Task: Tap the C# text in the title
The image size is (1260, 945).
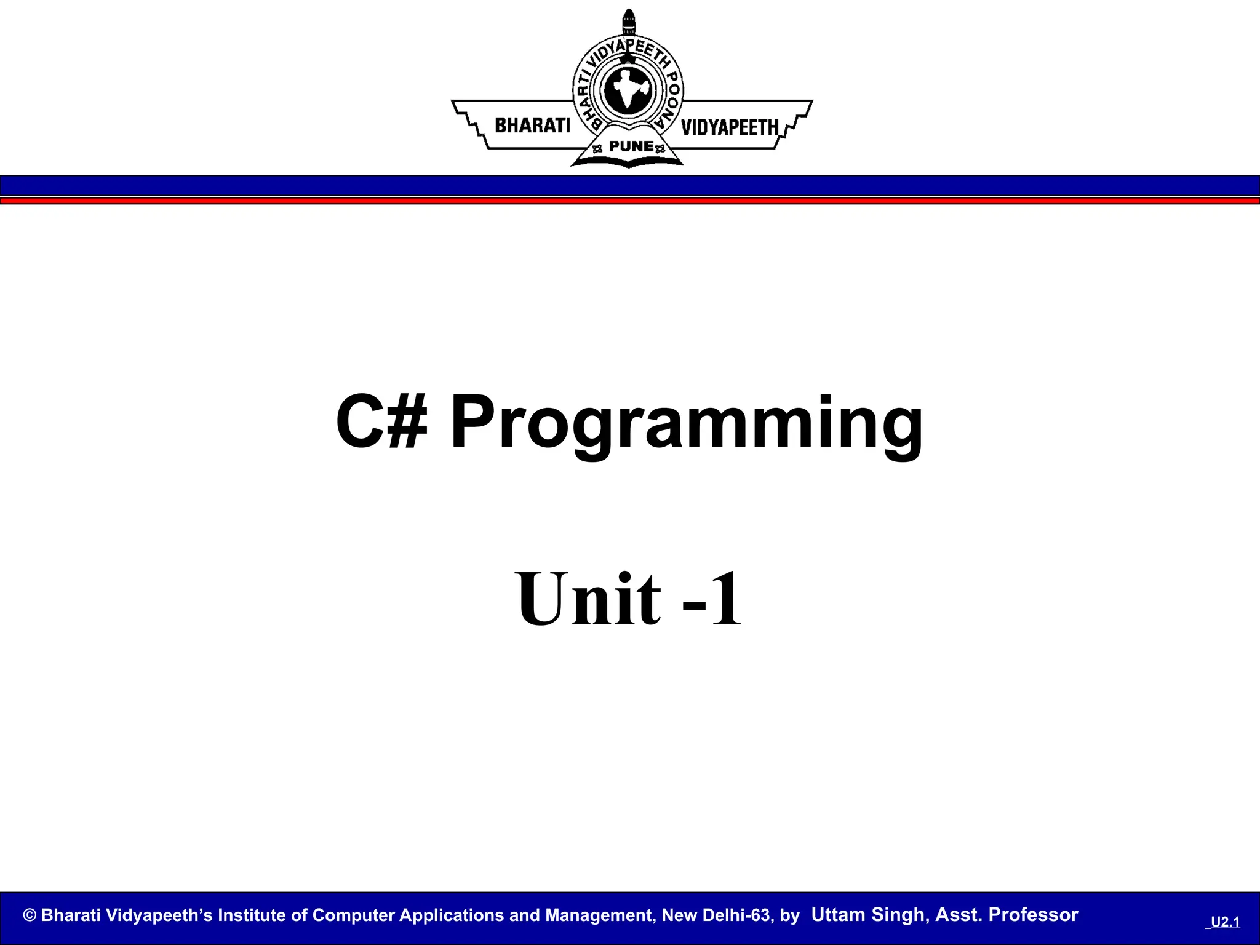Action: (381, 423)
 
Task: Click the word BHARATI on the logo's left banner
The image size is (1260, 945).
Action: (533, 126)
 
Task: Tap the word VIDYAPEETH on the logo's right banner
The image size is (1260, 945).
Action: (730, 127)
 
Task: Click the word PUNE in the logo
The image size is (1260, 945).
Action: (631, 146)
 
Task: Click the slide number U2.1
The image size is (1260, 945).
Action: (1225, 922)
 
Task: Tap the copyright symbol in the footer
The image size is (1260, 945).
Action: (30, 915)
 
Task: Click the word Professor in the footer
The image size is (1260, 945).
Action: (1033, 915)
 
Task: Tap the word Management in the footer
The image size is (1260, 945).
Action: (598, 915)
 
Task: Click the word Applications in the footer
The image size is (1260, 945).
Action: (452, 915)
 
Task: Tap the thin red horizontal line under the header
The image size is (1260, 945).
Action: (630, 201)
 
